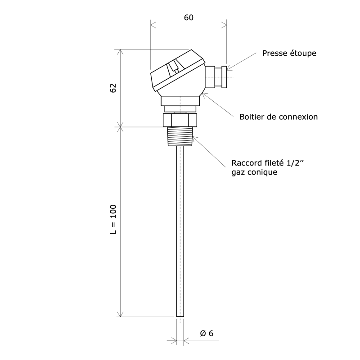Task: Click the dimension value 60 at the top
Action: tap(189, 18)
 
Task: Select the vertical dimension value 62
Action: tap(113, 88)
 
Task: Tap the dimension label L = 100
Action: tap(113, 220)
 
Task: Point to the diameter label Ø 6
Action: tap(206, 333)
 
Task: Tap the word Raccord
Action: tap(246, 163)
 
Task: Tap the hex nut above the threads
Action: tap(180, 120)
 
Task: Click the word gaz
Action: tap(238, 172)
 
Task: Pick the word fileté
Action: tap(274, 163)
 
